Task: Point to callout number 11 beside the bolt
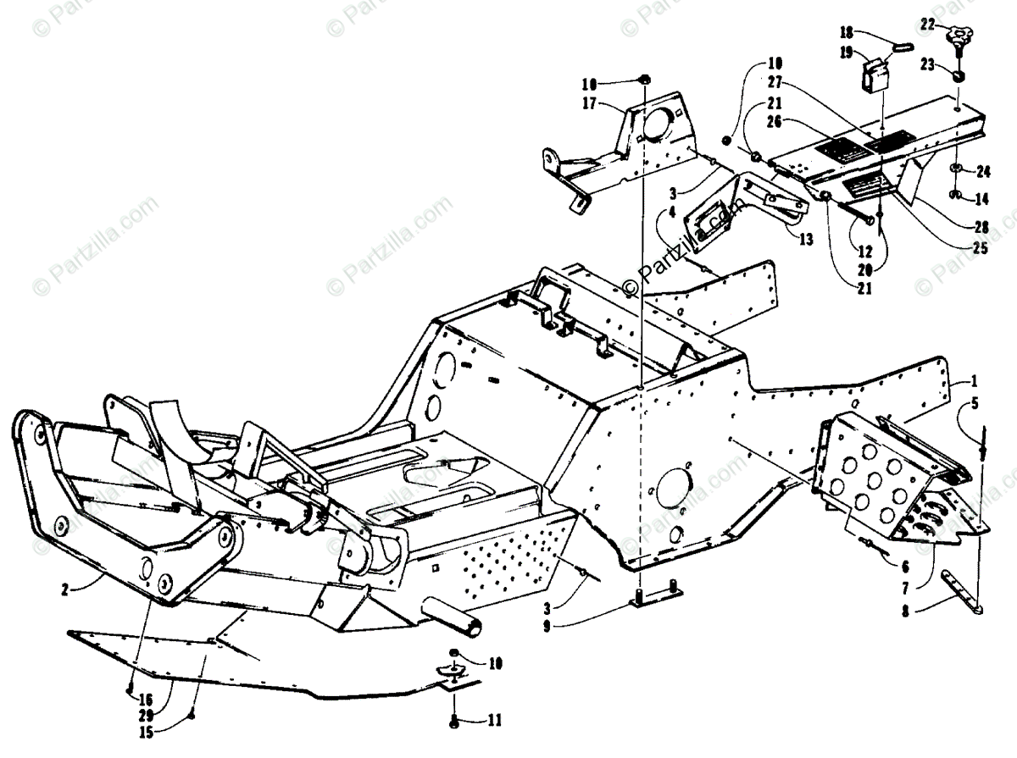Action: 494,721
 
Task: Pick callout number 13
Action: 804,240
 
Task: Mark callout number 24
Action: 982,172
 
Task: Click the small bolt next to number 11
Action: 453,721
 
